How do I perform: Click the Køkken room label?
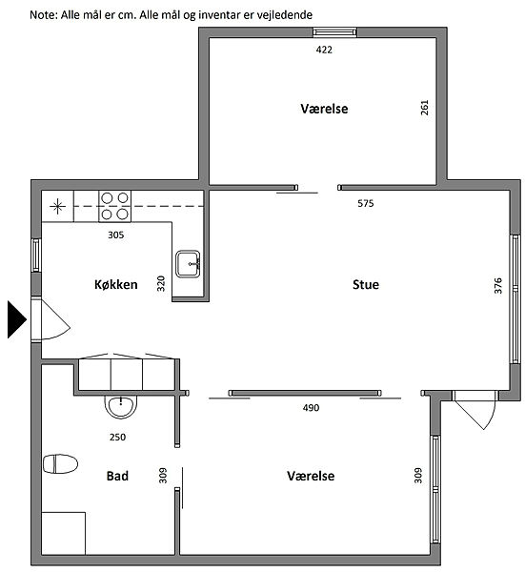(x=116, y=284)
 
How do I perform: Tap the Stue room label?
(x=366, y=284)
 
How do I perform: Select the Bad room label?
(x=117, y=476)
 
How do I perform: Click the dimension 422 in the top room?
(x=324, y=50)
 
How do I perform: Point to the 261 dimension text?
(x=424, y=108)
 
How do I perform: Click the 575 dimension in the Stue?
(x=366, y=204)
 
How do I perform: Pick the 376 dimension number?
(x=498, y=286)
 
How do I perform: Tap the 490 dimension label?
(x=311, y=408)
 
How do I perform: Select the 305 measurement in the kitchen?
(x=116, y=235)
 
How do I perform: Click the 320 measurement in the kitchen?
(x=161, y=283)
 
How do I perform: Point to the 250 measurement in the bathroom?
(x=117, y=437)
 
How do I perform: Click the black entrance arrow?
(x=17, y=319)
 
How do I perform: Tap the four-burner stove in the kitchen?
(x=115, y=206)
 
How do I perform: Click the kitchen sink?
(x=188, y=264)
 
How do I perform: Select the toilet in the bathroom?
(x=61, y=463)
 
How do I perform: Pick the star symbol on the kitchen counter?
(x=57, y=207)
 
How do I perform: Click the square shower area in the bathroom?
(x=64, y=533)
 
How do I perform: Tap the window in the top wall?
(x=334, y=32)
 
